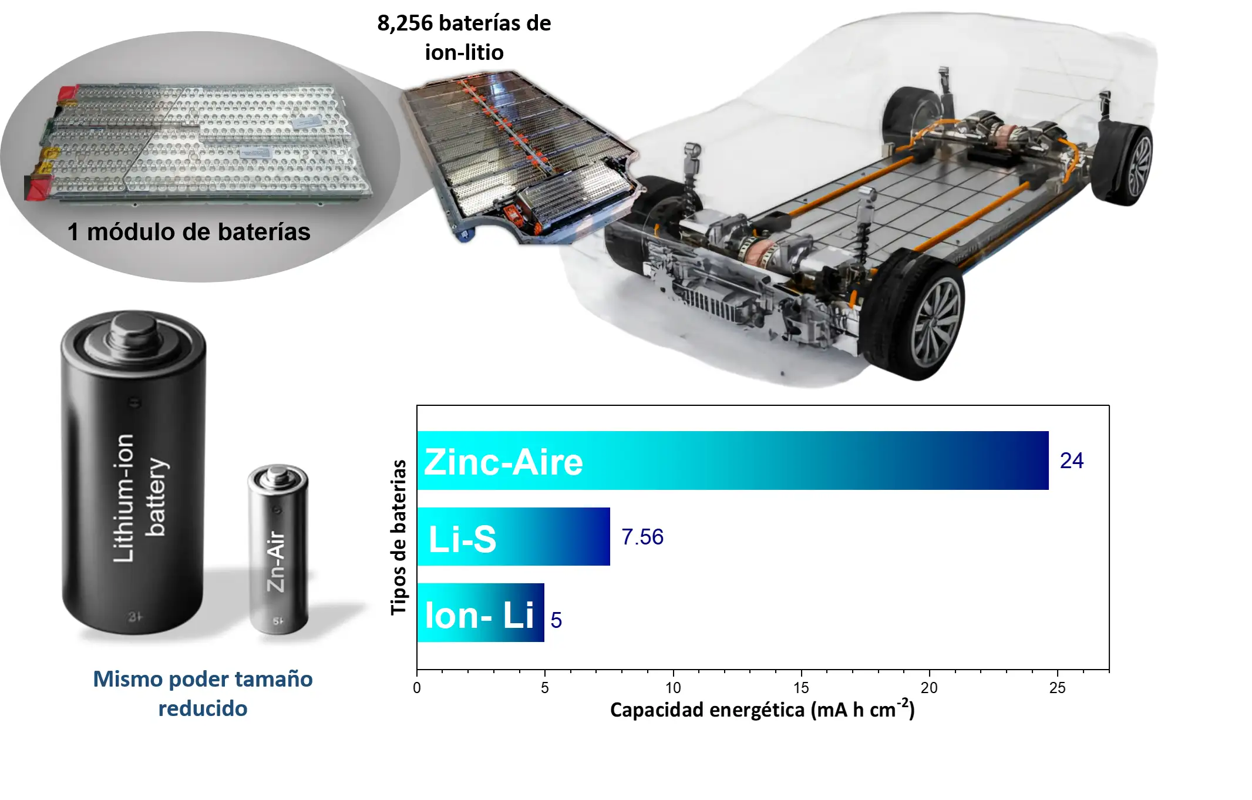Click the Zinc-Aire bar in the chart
733,460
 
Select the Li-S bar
514,536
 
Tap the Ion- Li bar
481,613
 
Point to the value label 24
1072,460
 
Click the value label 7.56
642,537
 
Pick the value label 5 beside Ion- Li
556,620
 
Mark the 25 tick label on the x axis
1057,688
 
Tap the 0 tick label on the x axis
417,688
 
